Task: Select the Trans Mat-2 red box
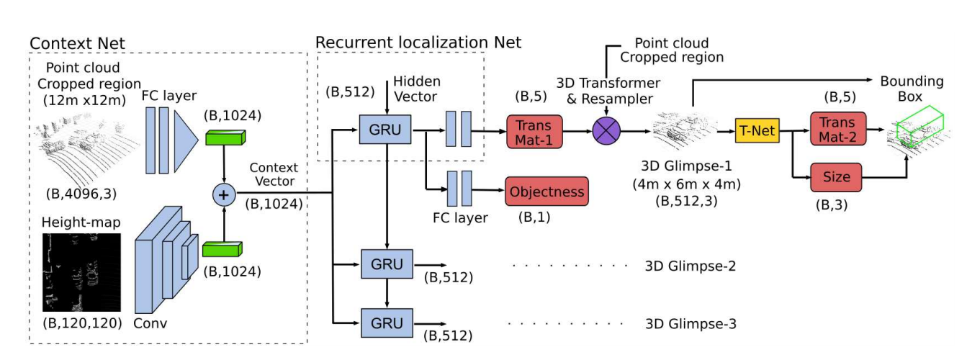coord(837,131)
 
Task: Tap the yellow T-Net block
coord(757,131)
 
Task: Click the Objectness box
coord(547,192)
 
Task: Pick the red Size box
coord(837,177)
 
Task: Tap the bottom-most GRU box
coord(387,321)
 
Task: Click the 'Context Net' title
coord(77,43)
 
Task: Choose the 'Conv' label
coord(150,323)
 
